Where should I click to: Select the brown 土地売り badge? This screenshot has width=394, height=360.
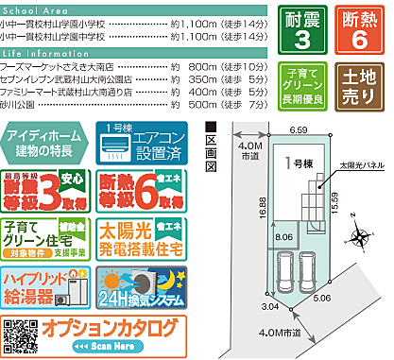(x=361, y=84)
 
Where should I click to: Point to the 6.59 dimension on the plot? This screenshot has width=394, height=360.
(x=299, y=129)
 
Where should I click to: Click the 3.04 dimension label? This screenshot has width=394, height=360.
(x=268, y=307)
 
